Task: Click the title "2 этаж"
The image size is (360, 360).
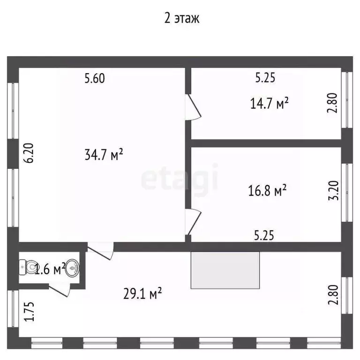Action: [181, 18]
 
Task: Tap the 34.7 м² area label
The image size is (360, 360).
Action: [104, 155]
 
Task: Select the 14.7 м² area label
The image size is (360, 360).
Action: [269, 103]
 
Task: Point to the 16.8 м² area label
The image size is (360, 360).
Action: [267, 190]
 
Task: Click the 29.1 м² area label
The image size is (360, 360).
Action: [142, 293]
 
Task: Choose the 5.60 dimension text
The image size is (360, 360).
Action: [95, 78]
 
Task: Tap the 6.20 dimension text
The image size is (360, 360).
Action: [29, 153]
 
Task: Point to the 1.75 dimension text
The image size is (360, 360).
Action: [29, 311]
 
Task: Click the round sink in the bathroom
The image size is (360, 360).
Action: [72, 268]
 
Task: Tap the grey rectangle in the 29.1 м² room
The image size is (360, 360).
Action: [225, 270]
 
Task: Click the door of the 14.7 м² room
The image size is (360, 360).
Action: [193, 107]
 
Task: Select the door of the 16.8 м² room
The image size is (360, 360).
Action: [193, 222]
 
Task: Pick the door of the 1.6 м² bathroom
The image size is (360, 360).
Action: [59, 290]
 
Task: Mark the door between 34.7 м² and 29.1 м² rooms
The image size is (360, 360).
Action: [101, 251]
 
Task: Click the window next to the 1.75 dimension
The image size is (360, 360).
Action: [13, 308]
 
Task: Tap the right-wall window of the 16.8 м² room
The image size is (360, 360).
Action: [347, 193]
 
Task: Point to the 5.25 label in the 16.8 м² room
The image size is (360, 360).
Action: [264, 236]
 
